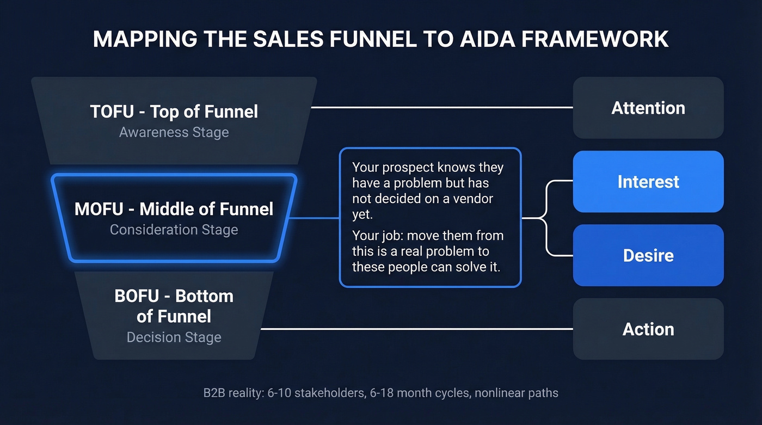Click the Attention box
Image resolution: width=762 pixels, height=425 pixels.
[x=648, y=108]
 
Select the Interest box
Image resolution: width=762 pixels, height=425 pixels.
[x=648, y=182]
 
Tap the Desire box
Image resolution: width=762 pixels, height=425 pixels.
[x=648, y=255]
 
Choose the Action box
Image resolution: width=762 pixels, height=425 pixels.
[x=648, y=329]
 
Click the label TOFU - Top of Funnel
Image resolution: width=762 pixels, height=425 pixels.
[x=174, y=112]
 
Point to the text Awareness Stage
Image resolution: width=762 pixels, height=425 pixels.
[x=174, y=132]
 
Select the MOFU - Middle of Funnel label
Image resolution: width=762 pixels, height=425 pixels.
[x=174, y=209]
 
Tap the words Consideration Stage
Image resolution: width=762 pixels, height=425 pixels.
[x=174, y=230]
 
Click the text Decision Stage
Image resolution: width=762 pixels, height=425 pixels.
[x=174, y=337]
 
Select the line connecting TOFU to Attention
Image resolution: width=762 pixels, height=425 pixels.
[x=441, y=108]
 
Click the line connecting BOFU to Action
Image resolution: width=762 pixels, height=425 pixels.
[x=416, y=329]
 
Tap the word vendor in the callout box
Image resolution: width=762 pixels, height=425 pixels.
[x=472, y=199]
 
